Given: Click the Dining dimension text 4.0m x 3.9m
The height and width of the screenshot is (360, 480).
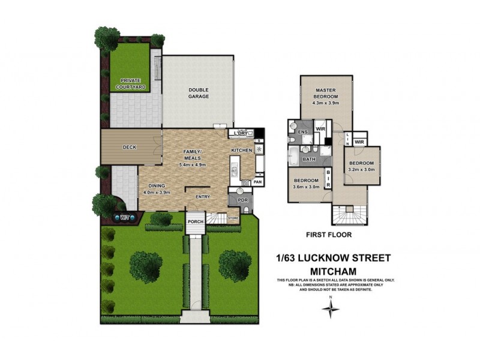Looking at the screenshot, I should click(156, 193).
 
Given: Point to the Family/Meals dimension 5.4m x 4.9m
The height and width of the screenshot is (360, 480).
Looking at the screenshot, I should click(193, 164).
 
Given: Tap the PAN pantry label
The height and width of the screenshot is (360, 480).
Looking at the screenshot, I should click(258, 181).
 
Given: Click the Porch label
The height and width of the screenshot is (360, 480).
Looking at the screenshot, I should click(196, 222).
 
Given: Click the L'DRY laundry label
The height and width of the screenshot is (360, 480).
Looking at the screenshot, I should click(242, 133).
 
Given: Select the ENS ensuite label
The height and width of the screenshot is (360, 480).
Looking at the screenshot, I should click(303, 131).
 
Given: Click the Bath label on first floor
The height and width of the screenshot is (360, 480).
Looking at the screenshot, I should click(309, 160).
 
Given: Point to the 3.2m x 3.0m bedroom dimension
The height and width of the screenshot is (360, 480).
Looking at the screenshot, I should click(362, 169).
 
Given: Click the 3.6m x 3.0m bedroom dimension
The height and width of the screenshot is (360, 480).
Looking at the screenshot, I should click(305, 187).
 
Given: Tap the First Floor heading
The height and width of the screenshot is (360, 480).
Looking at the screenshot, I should click(328, 235).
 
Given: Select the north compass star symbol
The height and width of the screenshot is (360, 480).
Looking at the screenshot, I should click(330, 309).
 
